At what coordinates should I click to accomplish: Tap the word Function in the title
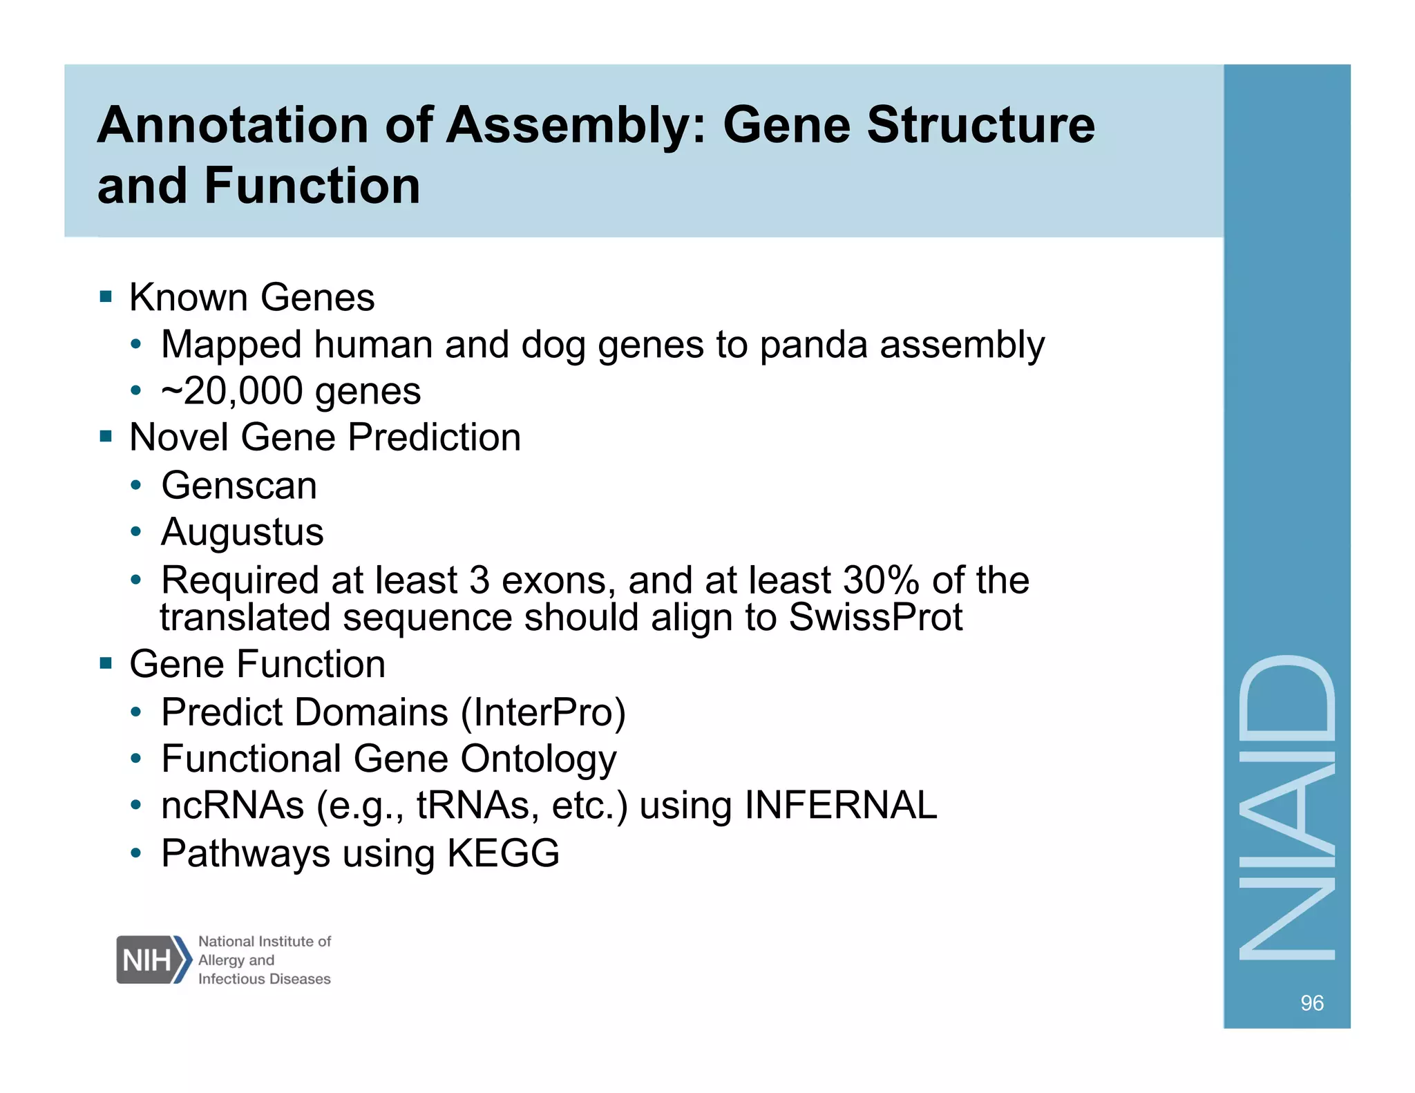(x=312, y=186)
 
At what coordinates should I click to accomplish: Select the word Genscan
(x=239, y=486)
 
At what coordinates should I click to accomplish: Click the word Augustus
(x=242, y=533)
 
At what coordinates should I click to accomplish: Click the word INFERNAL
(x=840, y=806)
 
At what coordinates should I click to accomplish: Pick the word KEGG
(x=503, y=853)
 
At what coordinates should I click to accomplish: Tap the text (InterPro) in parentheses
(x=543, y=712)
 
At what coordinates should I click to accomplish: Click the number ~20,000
(x=232, y=392)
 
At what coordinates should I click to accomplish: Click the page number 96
(x=1311, y=1002)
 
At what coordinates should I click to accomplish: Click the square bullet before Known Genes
(x=106, y=298)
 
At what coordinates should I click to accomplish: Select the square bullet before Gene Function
(x=106, y=664)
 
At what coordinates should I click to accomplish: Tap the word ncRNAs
(x=232, y=806)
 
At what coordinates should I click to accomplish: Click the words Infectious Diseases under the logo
(x=264, y=979)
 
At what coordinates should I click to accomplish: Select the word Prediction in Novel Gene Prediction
(x=434, y=438)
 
